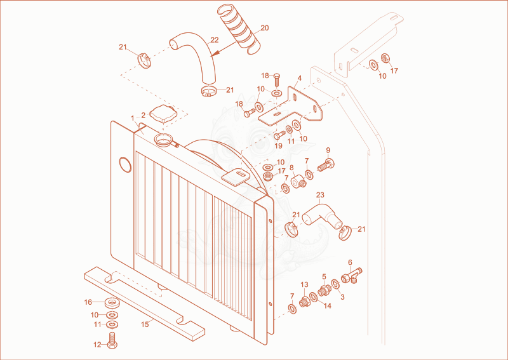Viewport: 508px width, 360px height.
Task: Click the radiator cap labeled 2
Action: click(x=164, y=114)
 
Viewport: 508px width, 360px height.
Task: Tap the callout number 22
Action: click(x=215, y=40)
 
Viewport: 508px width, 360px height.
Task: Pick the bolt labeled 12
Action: click(x=112, y=340)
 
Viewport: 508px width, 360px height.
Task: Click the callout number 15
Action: click(x=145, y=324)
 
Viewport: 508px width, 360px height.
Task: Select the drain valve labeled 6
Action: click(x=352, y=276)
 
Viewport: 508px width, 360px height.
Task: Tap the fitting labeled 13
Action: click(x=304, y=302)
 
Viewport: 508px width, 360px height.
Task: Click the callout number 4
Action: click(x=300, y=78)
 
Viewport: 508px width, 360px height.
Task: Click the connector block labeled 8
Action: click(x=298, y=181)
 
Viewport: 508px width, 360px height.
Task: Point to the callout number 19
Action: click(x=279, y=146)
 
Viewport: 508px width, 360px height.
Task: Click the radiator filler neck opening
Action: click(x=164, y=140)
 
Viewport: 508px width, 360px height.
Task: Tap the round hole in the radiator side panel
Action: click(x=125, y=164)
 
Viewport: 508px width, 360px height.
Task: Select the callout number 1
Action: click(x=133, y=118)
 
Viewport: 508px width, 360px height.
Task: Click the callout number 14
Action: click(x=328, y=305)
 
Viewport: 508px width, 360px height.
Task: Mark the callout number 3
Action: click(x=342, y=297)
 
